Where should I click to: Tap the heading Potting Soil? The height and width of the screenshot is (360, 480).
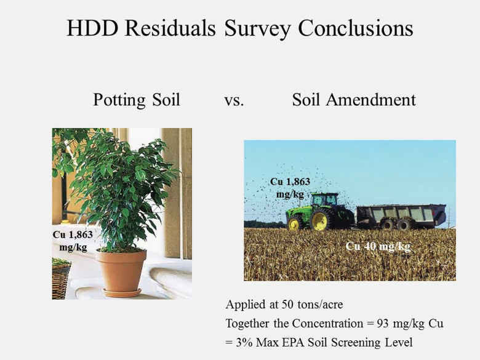[137, 99]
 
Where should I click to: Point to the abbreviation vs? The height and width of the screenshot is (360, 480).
[234, 100]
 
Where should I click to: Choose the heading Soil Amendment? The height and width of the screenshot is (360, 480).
[354, 99]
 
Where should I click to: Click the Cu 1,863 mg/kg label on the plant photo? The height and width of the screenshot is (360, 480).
[72, 240]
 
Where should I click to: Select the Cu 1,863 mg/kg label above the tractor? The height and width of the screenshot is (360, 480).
[290, 187]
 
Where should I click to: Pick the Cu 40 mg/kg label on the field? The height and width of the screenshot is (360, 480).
[378, 246]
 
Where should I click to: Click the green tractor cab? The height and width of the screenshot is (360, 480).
[324, 201]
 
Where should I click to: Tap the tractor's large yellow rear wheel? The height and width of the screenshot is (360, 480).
[322, 220]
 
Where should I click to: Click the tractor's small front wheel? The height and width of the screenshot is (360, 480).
[295, 223]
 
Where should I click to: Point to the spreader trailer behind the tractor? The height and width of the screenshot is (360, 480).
[401, 215]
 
